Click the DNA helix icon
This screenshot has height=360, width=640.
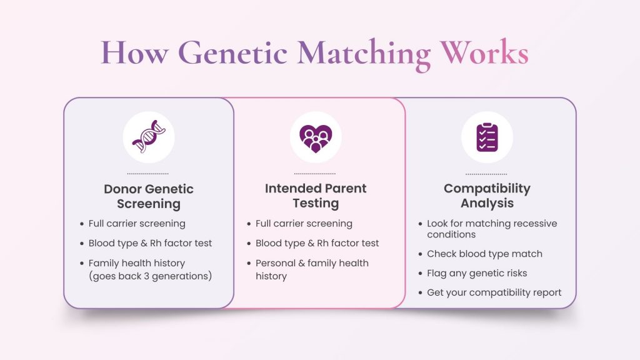coord(149,137)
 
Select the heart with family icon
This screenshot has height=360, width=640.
coord(316,137)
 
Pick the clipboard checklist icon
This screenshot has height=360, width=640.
coord(487,137)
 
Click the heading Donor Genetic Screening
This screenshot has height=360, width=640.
coord(149,196)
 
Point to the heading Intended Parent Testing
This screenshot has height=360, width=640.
coord(316,196)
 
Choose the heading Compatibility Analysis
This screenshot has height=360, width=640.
coord(487,196)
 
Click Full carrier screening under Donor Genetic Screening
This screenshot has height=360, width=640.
coord(137,223)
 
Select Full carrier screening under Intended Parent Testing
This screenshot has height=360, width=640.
coord(304,223)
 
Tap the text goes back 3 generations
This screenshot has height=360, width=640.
coord(150,276)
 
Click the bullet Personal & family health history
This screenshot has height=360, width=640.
coord(312,269)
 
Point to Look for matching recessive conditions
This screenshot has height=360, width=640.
coord(491,229)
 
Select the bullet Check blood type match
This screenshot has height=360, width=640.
coord(484,254)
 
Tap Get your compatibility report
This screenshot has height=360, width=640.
coord(494,292)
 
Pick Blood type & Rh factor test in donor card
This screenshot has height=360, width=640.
coord(150,243)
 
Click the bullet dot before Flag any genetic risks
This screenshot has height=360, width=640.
coord(419,273)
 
